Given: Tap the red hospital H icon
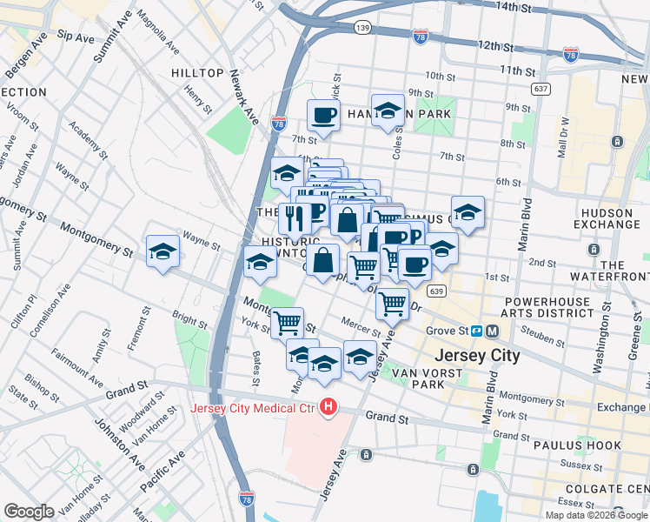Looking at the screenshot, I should point(328,406).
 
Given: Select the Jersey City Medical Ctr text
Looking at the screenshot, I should point(254,407).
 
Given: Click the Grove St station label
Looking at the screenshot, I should point(447,331).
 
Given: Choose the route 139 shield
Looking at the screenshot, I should point(363,29).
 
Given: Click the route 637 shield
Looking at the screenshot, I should point(541,89).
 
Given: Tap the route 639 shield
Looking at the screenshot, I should point(437,291).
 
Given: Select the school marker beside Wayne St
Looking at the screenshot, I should point(162,251).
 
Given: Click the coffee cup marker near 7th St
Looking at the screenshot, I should point(323,116).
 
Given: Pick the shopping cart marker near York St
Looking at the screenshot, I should point(287,323).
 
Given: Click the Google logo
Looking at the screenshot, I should point(30,511).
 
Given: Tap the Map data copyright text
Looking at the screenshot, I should point(596,515).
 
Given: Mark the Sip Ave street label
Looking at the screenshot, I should point(76,37).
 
